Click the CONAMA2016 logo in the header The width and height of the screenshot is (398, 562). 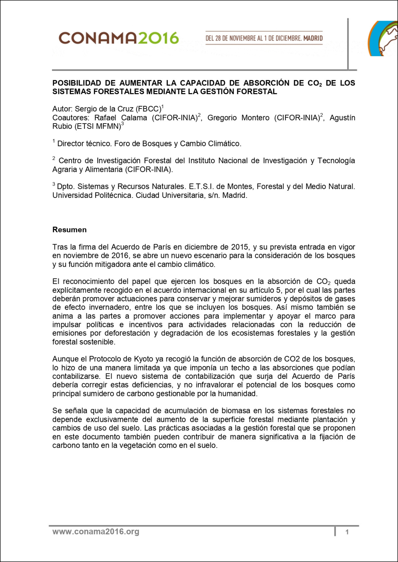(x=118, y=38)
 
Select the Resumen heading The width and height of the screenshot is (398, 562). (x=69, y=230)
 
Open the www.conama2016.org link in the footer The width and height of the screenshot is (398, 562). (x=96, y=532)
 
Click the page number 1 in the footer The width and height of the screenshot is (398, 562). (x=347, y=532)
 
